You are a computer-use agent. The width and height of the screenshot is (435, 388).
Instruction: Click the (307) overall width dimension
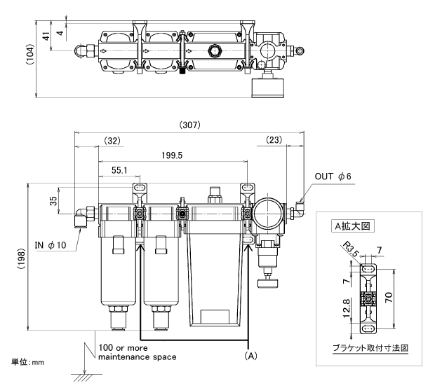point(189,125)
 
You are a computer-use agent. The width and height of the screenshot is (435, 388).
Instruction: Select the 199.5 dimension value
point(172,155)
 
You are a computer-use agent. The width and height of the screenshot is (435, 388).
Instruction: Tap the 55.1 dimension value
point(119,170)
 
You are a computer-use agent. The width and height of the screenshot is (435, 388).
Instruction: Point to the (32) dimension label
point(112,141)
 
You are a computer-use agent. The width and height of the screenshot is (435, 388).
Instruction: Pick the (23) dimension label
point(274,140)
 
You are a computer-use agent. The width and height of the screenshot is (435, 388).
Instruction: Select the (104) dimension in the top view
point(30,55)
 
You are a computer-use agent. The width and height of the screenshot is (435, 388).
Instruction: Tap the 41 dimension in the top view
point(46,36)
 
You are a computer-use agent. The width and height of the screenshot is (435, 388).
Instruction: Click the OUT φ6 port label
point(333,176)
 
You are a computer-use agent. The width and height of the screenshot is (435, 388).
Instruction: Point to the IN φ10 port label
point(51,245)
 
